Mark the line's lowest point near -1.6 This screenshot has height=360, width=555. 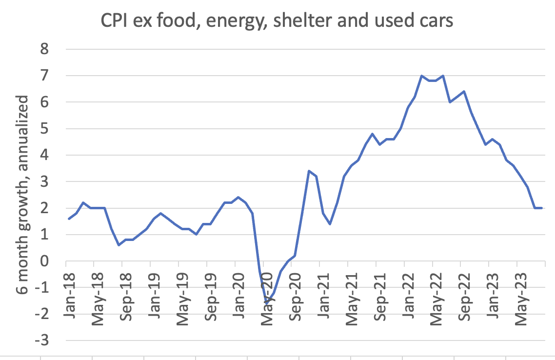click(x=267, y=304)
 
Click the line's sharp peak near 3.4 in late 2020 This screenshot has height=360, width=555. click(x=309, y=171)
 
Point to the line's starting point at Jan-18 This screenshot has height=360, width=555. click(x=68, y=219)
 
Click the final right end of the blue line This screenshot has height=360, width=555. click(x=543, y=208)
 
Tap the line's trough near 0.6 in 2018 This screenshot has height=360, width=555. click(x=119, y=245)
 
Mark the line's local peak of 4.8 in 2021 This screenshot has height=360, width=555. click(x=372, y=134)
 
